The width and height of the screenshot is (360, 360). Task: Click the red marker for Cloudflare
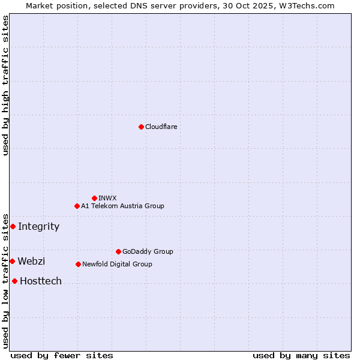pyautogui.click(x=141, y=127)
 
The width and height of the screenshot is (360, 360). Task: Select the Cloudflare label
pyautogui.click(x=161, y=127)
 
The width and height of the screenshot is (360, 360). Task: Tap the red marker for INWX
pyautogui.click(x=94, y=198)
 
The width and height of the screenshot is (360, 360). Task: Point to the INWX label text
pyautogui.click(x=107, y=198)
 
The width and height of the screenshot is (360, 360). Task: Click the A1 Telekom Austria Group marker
pyautogui.click(x=77, y=206)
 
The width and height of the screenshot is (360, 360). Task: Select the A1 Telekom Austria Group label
pyautogui.click(x=122, y=206)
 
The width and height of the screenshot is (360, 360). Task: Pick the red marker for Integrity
pyautogui.click(x=13, y=226)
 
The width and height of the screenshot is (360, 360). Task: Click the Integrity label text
pyautogui.click(x=38, y=226)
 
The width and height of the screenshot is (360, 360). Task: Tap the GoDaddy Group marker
pyautogui.click(x=118, y=251)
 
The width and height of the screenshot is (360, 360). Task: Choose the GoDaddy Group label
pyautogui.click(x=147, y=251)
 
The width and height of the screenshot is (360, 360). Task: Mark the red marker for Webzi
pyautogui.click(x=12, y=261)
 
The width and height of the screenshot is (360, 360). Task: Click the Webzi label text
pyautogui.click(x=31, y=261)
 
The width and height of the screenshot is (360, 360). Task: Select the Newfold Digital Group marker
pyautogui.click(x=78, y=264)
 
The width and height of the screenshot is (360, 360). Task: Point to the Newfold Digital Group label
pyautogui.click(x=117, y=264)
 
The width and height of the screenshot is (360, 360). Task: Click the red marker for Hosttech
pyautogui.click(x=14, y=281)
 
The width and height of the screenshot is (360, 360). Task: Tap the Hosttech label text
pyautogui.click(x=41, y=281)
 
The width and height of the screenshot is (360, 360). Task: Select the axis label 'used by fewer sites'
pyautogui.click(x=62, y=355)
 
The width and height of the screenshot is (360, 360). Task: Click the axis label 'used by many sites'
pyautogui.click(x=301, y=355)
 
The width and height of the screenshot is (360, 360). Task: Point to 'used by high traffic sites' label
pyautogui.click(x=5, y=85)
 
